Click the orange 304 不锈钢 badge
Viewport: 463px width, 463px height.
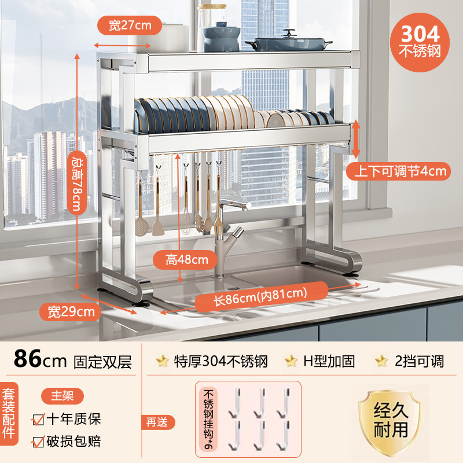420,39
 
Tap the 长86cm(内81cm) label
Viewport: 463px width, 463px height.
260,295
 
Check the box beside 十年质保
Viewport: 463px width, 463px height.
39,418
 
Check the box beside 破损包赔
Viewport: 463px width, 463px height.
39,442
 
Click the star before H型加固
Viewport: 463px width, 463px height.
291,361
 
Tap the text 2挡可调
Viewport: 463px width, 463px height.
419,362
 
